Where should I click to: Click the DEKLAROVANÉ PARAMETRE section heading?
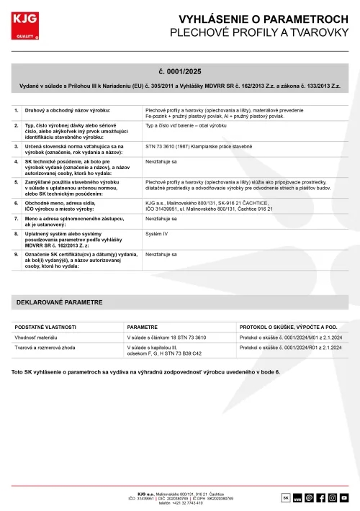click(x=59, y=303)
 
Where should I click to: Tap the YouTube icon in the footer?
click(x=344, y=497)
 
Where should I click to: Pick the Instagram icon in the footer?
click(x=333, y=497)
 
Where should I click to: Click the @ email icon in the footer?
click(x=309, y=497)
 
